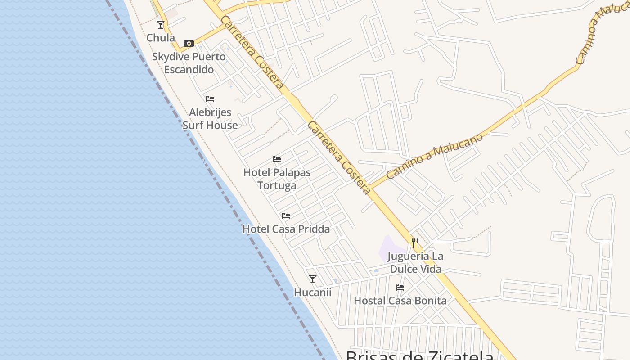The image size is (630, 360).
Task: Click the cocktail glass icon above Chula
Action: click(x=161, y=25)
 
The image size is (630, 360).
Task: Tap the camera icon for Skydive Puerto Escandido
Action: click(x=189, y=44)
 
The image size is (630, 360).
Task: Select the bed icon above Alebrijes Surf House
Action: click(x=210, y=99)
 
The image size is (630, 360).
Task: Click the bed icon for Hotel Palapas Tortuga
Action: click(x=277, y=159)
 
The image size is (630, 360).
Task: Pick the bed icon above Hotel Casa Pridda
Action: click(x=286, y=216)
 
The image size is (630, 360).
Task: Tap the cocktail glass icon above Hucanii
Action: click(x=313, y=279)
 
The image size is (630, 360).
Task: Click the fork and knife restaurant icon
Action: click(x=415, y=243)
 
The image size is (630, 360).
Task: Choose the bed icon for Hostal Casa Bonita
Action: click(x=400, y=288)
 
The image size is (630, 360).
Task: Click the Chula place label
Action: click(x=161, y=38)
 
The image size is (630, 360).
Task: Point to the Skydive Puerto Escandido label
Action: click(x=189, y=63)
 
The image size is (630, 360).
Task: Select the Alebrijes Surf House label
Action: click(x=210, y=119)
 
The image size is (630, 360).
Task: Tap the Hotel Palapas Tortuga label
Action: click(x=277, y=179)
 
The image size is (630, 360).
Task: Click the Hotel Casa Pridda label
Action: click(x=286, y=229)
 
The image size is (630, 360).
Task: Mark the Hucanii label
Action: click(x=313, y=292)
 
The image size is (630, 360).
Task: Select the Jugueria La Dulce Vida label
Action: click(x=415, y=263)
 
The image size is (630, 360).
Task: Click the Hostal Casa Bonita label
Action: click(x=400, y=301)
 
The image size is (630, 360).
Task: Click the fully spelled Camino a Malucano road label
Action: click(x=434, y=156)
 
